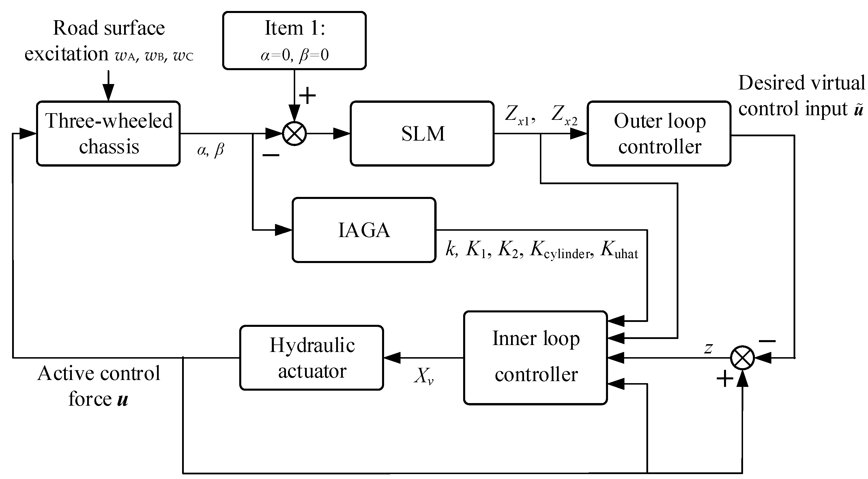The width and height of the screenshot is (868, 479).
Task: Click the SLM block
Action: click(x=422, y=133)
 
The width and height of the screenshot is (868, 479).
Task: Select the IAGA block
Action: click(x=364, y=230)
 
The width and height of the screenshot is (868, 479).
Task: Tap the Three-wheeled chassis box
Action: click(x=108, y=133)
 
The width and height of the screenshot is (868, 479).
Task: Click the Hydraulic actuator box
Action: click(x=312, y=358)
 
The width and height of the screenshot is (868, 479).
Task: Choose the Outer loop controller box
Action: click(x=659, y=133)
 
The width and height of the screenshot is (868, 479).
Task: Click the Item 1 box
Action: click(x=294, y=40)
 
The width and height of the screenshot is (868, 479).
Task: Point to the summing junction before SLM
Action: click(x=294, y=133)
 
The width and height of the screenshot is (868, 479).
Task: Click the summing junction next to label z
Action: click(x=742, y=358)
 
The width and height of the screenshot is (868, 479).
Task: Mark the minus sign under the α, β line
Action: click(x=271, y=155)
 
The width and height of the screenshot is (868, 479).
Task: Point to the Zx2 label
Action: click(x=564, y=115)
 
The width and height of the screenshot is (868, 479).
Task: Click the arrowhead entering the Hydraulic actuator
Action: click(x=392, y=358)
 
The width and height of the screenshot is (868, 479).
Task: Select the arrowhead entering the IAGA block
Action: click(x=283, y=230)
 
